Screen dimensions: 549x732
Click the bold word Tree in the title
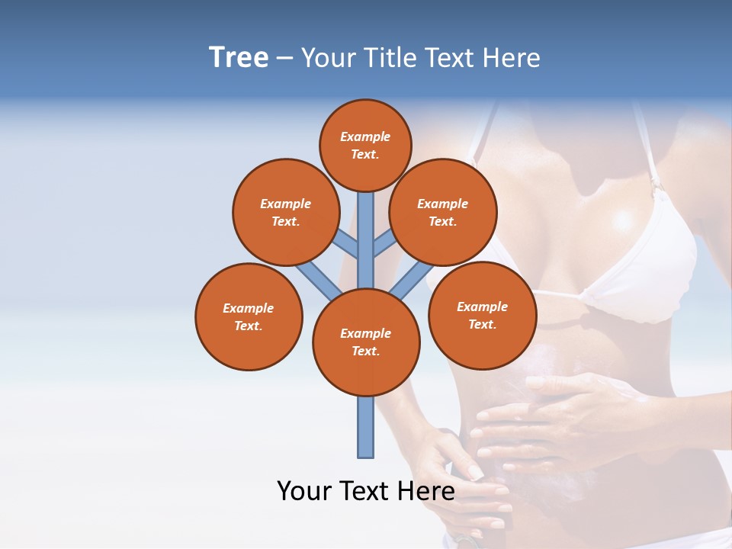(239, 58)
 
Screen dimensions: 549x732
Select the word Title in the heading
(389, 58)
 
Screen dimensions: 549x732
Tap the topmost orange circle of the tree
(365, 145)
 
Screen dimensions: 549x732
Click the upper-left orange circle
(286, 212)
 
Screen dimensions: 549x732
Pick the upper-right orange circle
(443, 212)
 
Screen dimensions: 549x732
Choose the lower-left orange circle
(249, 316)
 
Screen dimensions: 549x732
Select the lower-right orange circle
(482, 315)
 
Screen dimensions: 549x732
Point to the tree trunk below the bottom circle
(366, 427)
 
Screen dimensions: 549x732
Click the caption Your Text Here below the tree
(366, 490)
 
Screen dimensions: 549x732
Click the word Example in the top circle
(365, 136)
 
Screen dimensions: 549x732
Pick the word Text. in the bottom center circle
(366, 351)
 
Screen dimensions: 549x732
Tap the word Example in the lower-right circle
(482, 307)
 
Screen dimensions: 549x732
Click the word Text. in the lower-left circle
(249, 326)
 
